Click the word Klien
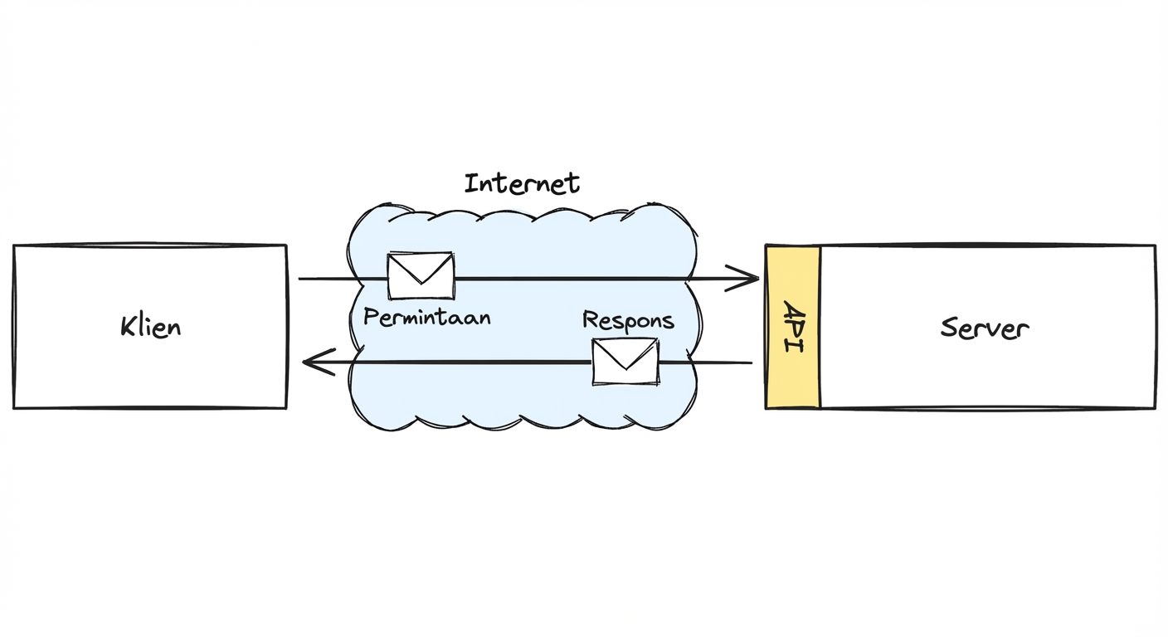coord(150,326)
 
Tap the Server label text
coord(985,328)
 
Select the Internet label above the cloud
coord(522,182)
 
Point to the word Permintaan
coord(426,317)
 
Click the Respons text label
coord(628,320)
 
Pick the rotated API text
coord(793,327)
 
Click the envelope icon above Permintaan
coord(421,275)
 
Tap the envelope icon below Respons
coord(625,362)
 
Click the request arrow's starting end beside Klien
coord(300,279)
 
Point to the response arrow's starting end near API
coord(751,362)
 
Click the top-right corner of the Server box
coord(1155,246)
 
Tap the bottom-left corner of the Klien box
coord(15,407)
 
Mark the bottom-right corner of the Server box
coord(1154,408)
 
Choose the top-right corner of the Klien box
coord(286,246)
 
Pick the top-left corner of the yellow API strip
coord(766,246)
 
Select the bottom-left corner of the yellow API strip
coord(766,407)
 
